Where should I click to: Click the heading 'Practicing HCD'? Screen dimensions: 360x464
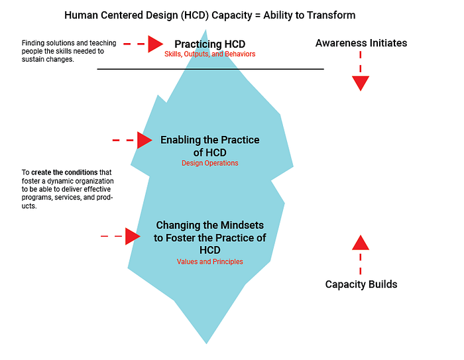pos(209,44)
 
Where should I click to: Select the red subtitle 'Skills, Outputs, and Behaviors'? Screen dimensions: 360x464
pos(209,54)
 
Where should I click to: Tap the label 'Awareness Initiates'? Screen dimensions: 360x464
pos(361,43)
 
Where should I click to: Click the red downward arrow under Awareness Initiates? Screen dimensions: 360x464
pos(361,82)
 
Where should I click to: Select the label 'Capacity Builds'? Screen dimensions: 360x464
pos(361,284)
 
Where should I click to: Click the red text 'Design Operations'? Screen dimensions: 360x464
pos(209,162)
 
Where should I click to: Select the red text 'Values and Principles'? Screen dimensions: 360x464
pos(209,262)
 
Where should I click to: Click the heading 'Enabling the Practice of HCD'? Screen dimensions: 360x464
pos(209,145)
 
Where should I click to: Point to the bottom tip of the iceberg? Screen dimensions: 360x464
pos(207,342)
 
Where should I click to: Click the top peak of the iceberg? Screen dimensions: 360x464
pos(206,30)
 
